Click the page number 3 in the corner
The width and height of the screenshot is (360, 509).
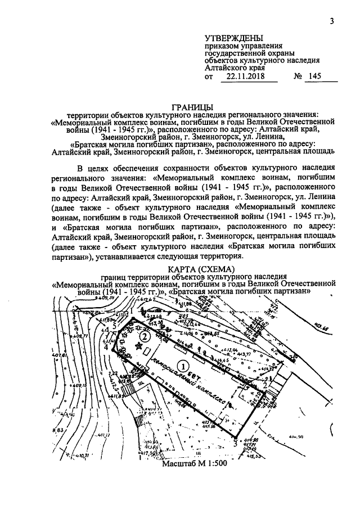332,21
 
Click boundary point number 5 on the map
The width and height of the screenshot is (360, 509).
115,326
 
